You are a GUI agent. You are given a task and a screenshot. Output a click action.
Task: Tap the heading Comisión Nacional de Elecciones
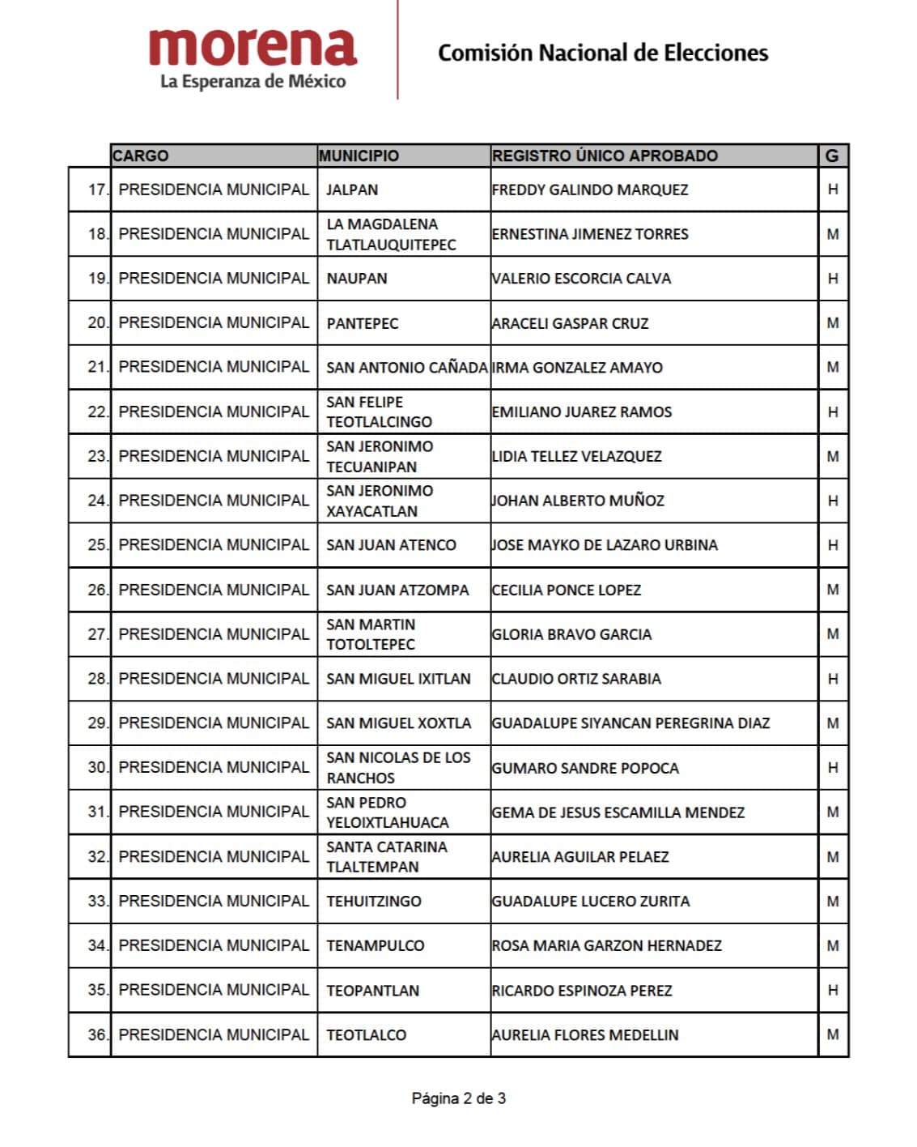[603, 53]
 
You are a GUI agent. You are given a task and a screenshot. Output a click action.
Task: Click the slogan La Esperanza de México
[253, 82]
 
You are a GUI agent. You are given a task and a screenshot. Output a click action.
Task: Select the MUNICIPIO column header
[359, 156]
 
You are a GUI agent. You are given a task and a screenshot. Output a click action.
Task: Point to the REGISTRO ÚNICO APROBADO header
[605, 156]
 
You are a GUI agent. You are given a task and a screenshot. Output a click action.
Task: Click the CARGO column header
[141, 156]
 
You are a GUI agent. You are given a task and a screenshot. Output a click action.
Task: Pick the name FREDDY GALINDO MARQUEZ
[590, 190]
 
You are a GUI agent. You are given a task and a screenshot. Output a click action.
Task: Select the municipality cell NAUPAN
[357, 279]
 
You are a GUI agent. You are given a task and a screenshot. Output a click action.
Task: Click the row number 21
[97, 367]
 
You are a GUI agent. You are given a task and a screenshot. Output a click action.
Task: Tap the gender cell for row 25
[833, 545]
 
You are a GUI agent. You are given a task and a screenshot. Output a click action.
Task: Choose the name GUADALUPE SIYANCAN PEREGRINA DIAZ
[630, 723]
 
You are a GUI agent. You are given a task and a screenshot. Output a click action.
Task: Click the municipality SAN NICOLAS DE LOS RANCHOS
[398, 767]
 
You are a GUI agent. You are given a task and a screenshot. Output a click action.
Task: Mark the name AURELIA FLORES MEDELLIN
[585, 1034]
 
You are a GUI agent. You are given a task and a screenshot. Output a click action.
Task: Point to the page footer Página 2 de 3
[459, 1098]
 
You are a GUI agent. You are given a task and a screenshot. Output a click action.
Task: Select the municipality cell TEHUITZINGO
[374, 901]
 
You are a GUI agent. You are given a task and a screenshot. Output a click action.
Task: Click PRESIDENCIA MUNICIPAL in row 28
[214, 679]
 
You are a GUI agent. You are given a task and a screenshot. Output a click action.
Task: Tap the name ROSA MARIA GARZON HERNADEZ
[606, 945]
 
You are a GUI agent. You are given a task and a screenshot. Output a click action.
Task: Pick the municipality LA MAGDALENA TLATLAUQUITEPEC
[391, 234]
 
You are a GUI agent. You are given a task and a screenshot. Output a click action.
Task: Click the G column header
[832, 156]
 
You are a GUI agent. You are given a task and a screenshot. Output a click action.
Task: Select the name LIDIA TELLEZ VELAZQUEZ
[576, 456]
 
